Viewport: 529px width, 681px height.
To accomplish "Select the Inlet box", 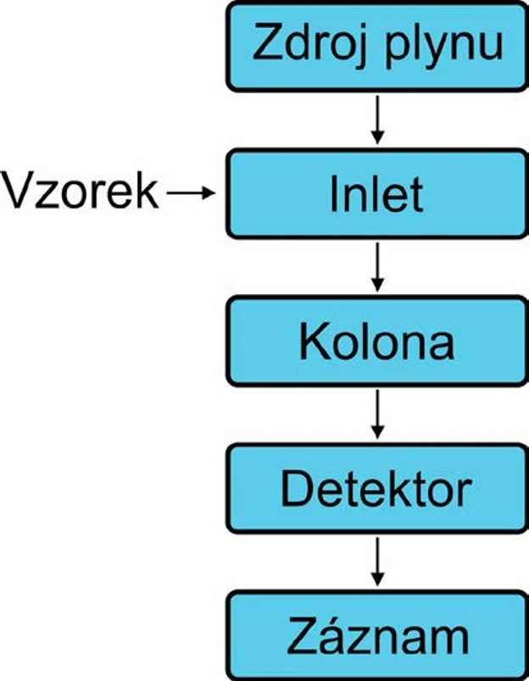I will pos(376,193).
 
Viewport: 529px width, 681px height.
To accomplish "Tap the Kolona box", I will pos(376,342).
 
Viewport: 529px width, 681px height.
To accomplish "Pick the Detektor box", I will pos(376,489).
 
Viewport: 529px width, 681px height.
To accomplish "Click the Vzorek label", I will pos(81,193).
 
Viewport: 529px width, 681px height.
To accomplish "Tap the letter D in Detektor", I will pos(294,489).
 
